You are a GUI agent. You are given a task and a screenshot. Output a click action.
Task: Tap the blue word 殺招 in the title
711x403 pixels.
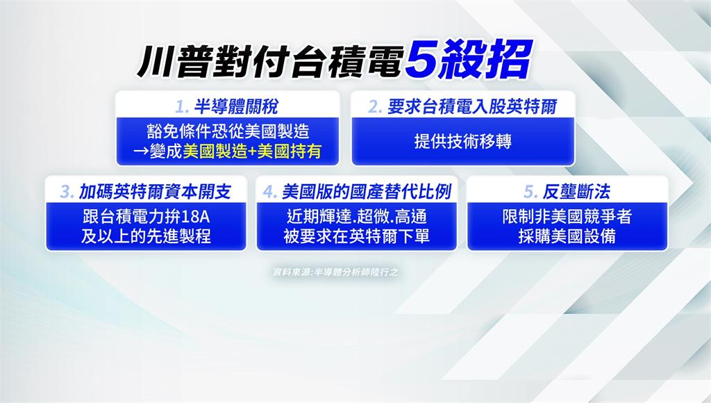(486, 60)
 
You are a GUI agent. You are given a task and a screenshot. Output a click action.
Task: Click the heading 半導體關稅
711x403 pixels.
(236, 107)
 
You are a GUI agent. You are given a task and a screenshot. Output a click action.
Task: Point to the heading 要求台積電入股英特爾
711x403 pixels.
(472, 107)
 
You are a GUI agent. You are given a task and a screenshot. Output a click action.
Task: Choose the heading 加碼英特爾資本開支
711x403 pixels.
(155, 192)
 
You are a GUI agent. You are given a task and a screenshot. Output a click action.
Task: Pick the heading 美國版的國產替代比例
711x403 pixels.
(367, 192)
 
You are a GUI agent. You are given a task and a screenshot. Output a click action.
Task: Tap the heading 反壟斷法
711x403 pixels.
(576, 192)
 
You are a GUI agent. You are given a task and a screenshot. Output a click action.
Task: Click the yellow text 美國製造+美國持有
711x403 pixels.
(252, 151)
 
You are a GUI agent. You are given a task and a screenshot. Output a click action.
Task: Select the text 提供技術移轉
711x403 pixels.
(463, 141)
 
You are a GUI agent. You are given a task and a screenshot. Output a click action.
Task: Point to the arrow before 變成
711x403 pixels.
(141, 152)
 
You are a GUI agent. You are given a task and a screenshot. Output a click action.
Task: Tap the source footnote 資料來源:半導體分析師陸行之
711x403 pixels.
(335, 272)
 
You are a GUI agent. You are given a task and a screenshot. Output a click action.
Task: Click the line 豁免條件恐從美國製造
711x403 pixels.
(228, 131)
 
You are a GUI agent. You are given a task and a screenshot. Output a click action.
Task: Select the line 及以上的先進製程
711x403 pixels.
(146, 236)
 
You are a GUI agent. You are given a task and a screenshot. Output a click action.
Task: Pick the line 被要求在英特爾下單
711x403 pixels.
(356, 236)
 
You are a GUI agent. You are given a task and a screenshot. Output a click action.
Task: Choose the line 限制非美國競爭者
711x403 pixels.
(567, 217)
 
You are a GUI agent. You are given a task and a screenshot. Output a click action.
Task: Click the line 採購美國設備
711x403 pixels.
(567, 236)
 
